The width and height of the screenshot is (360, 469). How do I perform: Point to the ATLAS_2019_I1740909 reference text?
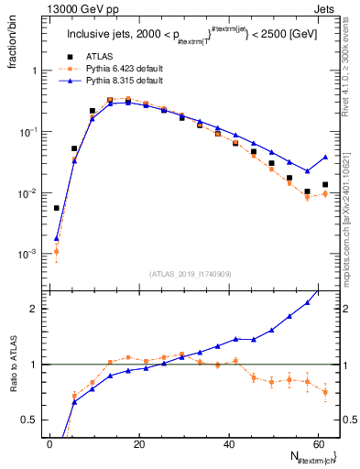tap(189, 273)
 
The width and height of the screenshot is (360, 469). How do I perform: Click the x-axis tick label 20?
tap(139, 444)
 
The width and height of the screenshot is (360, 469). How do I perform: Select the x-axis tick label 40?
tap(229, 444)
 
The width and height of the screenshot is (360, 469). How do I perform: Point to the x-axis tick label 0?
tap(49, 444)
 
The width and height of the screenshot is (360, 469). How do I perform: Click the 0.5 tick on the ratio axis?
tap(32, 420)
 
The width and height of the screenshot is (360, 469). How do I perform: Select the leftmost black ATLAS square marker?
tap(57, 208)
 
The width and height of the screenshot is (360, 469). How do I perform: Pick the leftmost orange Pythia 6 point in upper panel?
tap(57, 251)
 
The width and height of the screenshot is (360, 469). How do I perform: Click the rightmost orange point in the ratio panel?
tap(325, 392)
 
